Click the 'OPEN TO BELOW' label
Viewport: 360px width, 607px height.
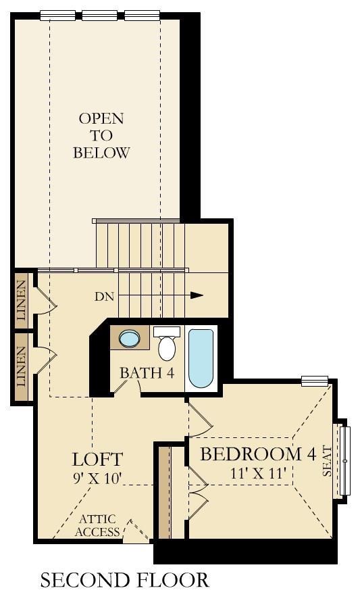(x=101, y=135)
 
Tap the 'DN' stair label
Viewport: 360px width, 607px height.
(x=105, y=297)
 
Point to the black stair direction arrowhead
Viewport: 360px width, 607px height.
(x=197, y=295)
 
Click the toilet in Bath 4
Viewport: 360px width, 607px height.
(x=167, y=344)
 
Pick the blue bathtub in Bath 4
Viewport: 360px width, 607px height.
(x=201, y=358)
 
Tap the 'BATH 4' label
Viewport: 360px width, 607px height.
(x=147, y=373)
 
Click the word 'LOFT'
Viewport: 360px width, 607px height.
(x=97, y=459)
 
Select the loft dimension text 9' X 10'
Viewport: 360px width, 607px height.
(x=97, y=479)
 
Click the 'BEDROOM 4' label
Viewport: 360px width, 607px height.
(x=258, y=454)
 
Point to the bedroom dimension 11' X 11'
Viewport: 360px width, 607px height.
(x=258, y=472)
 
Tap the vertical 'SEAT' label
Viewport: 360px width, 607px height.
(x=327, y=461)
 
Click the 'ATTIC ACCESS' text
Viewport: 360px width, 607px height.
(x=97, y=525)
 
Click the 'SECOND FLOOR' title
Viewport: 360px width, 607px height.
(x=124, y=580)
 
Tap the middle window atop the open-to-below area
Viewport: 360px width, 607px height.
(x=99, y=15)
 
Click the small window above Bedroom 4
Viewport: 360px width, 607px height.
(x=315, y=381)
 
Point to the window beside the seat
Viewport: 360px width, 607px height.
(x=344, y=461)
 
